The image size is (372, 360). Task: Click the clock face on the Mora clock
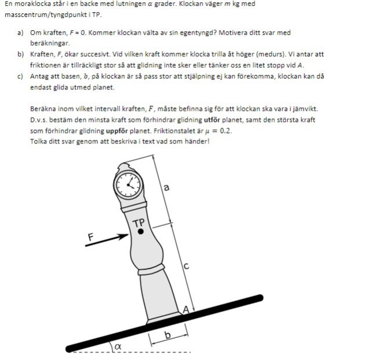(127, 185)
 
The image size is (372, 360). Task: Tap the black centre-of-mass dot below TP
(140, 232)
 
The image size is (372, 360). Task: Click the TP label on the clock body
(139, 223)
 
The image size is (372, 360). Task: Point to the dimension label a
(167, 187)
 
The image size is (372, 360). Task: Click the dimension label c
(186, 267)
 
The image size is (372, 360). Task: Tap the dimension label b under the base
(168, 336)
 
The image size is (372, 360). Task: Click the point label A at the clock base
(186, 310)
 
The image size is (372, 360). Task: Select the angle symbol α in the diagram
(118, 347)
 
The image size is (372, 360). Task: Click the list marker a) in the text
(20, 33)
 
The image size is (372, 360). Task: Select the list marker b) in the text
(20, 54)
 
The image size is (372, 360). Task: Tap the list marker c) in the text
(20, 75)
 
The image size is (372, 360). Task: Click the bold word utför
(212, 120)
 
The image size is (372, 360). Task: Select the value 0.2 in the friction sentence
(225, 131)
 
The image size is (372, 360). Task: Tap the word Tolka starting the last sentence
(38, 141)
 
